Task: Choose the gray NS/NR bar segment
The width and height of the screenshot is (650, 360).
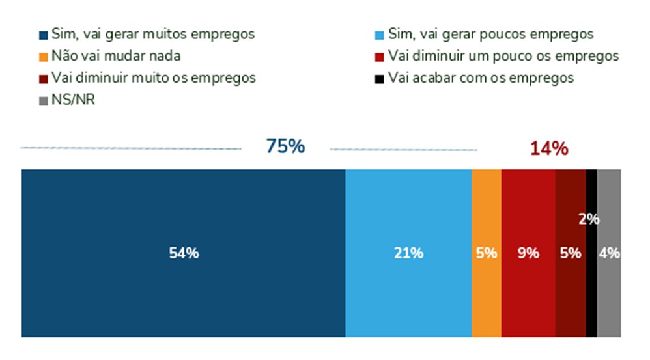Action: point(609,293)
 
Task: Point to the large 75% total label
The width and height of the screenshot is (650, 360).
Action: point(285,147)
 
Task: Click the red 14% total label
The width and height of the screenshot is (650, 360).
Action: point(549,148)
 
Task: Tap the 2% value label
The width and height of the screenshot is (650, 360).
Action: point(589,219)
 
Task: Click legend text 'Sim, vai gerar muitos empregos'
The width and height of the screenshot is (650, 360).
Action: point(153,34)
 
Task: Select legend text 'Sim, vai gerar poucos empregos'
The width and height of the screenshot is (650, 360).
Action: point(490,34)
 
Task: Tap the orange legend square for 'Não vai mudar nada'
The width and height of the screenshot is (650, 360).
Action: point(44,57)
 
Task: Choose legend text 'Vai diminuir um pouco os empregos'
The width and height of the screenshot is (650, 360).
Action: point(503,56)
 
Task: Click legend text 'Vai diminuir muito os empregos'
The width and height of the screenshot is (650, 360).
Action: point(153,78)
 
